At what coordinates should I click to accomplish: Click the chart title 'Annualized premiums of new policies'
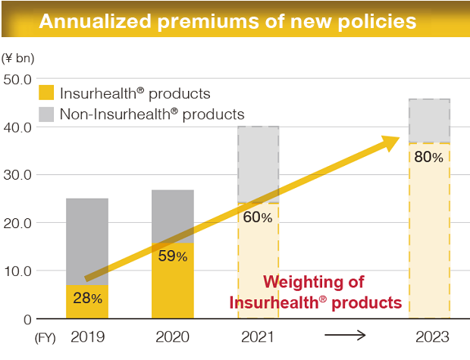[x=227, y=21]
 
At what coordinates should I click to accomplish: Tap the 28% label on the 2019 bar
[x=87, y=299]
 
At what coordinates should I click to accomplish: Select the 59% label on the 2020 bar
[x=173, y=256]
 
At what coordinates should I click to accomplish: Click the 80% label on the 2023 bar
[x=429, y=158]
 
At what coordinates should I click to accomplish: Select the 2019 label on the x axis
[x=87, y=337]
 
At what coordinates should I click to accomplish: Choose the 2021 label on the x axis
[x=258, y=337]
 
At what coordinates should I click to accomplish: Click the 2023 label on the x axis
[x=429, y=337]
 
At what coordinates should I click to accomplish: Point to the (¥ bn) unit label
[x=18, y=58]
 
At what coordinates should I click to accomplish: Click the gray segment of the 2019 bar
[x=87, y=241]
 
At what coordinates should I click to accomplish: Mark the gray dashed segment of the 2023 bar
[x=429, y=120]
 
